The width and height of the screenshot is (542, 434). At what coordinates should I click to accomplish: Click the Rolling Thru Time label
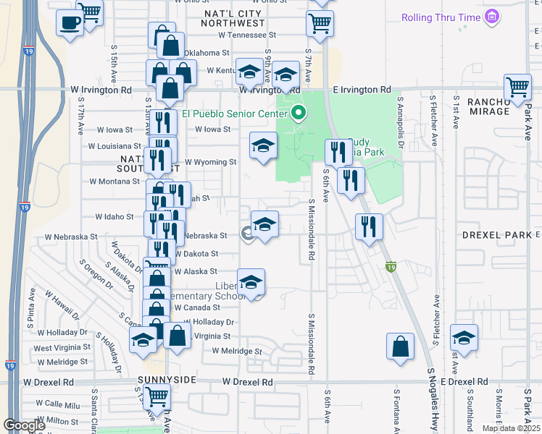click(443, 16)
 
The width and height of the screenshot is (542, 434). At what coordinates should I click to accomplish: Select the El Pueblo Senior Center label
click(235, 113)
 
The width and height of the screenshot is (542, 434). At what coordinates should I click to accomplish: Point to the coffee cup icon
click(70, 24)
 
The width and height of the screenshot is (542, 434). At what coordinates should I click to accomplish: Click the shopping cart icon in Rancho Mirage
click(517, 88)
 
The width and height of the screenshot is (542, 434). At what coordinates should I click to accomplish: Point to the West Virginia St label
click(61, 349)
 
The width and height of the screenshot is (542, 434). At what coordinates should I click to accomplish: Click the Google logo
click(25, 425)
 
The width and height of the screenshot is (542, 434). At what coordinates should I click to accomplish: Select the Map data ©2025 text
click(511, 428)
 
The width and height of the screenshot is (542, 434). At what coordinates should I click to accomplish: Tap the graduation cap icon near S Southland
click(464, 338)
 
